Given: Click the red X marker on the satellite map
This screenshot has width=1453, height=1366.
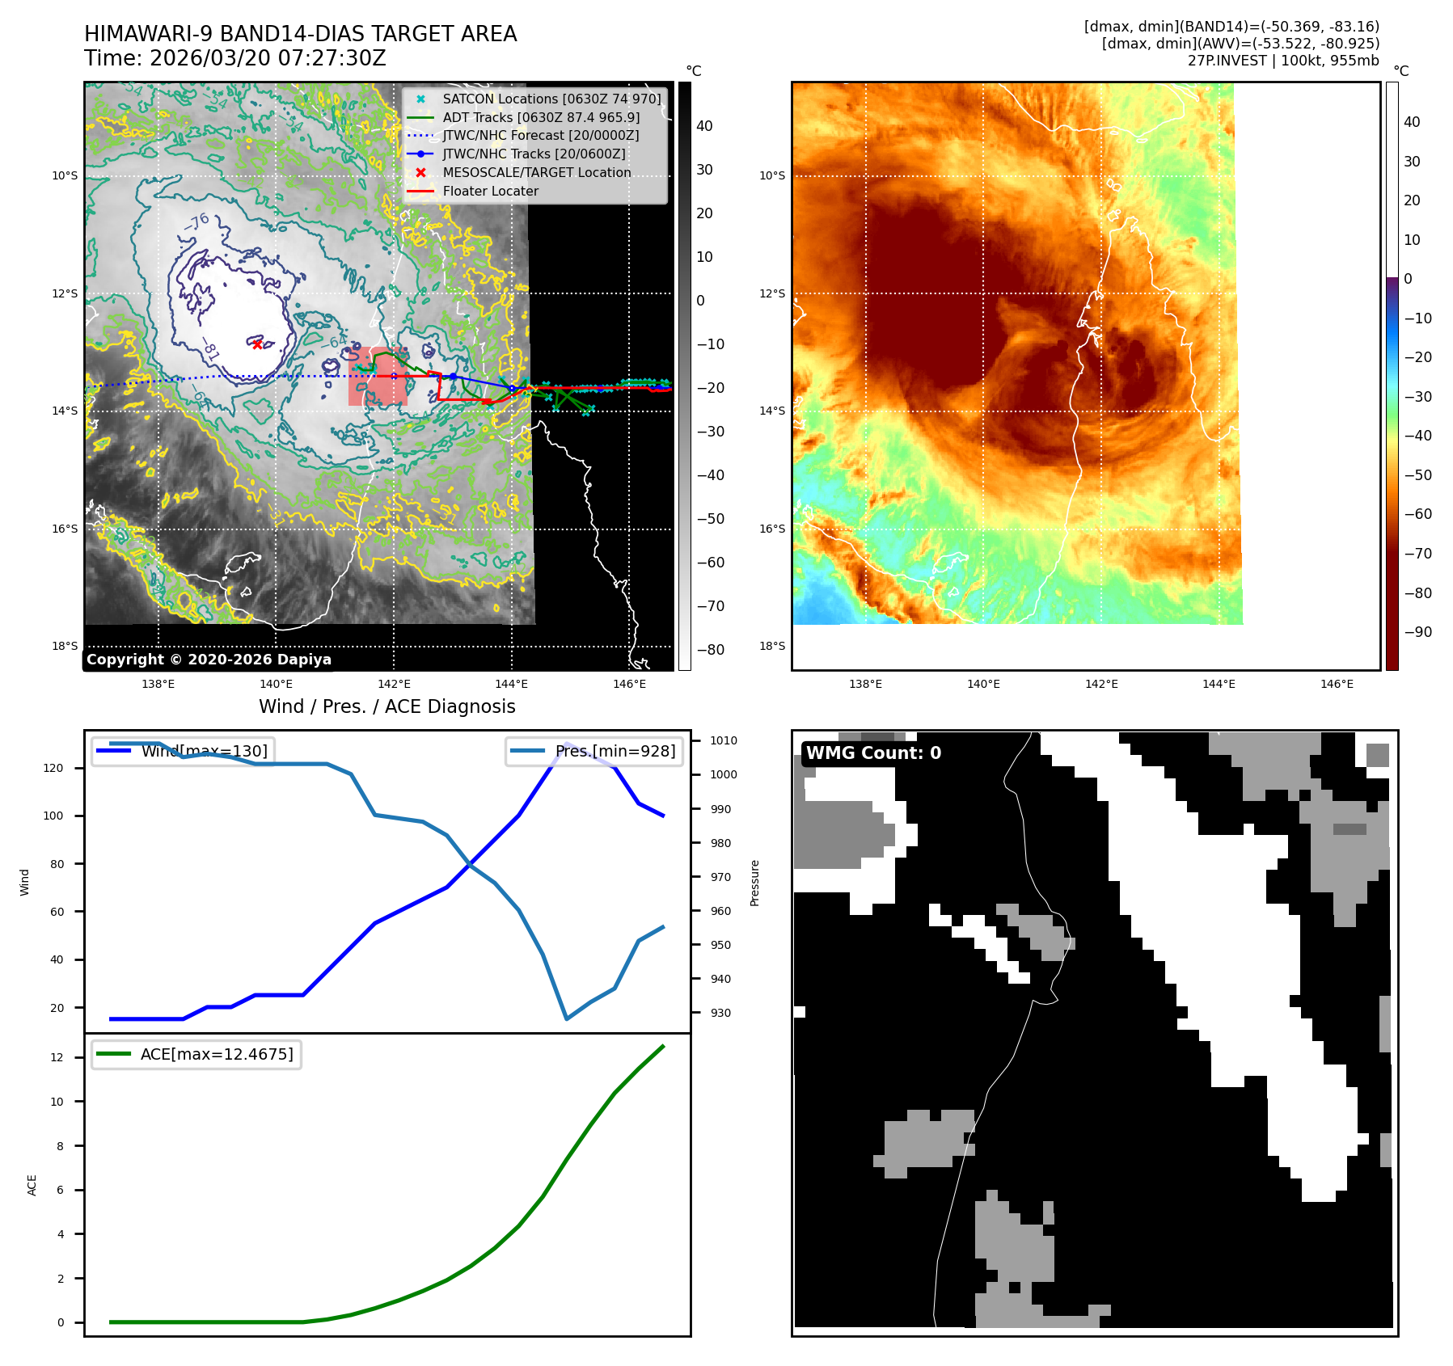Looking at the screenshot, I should click(257, 344).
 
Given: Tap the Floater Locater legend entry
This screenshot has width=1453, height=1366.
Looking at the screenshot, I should click(490, 192).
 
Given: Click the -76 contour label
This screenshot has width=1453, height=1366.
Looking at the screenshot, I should click(196, 221).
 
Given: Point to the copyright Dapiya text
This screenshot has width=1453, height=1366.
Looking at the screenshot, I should click(209, 660).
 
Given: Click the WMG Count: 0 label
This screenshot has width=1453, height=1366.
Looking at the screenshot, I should click(873, 753).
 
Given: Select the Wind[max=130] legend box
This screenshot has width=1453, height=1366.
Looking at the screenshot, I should click(183, 751).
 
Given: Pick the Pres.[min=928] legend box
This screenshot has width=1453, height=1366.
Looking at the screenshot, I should click(594, 751).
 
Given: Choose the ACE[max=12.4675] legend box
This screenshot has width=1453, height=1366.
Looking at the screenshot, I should click(196, 1054).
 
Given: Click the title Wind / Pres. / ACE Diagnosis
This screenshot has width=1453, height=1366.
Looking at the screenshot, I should click(386, 706).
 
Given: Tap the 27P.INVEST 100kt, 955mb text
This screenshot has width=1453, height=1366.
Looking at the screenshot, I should click(1283, 61).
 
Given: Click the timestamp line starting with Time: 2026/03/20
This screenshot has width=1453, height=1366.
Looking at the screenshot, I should click(235, 59).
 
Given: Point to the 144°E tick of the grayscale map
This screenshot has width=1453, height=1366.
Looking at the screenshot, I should click(511, 684).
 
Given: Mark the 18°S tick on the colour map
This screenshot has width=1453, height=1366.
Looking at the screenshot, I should click(772, 646).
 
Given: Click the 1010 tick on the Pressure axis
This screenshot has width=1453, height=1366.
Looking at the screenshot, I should click(724, 740).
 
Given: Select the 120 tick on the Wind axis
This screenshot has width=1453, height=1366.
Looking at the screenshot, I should click(53, 768).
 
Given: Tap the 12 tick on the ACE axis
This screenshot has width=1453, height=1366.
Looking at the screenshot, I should click(57, 1057).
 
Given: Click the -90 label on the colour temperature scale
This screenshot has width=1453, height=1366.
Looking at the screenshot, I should click(1417, 632).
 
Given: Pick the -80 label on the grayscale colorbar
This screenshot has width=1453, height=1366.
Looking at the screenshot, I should click(711, 650).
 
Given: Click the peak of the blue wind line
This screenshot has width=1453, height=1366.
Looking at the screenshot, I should click(567, 744).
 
